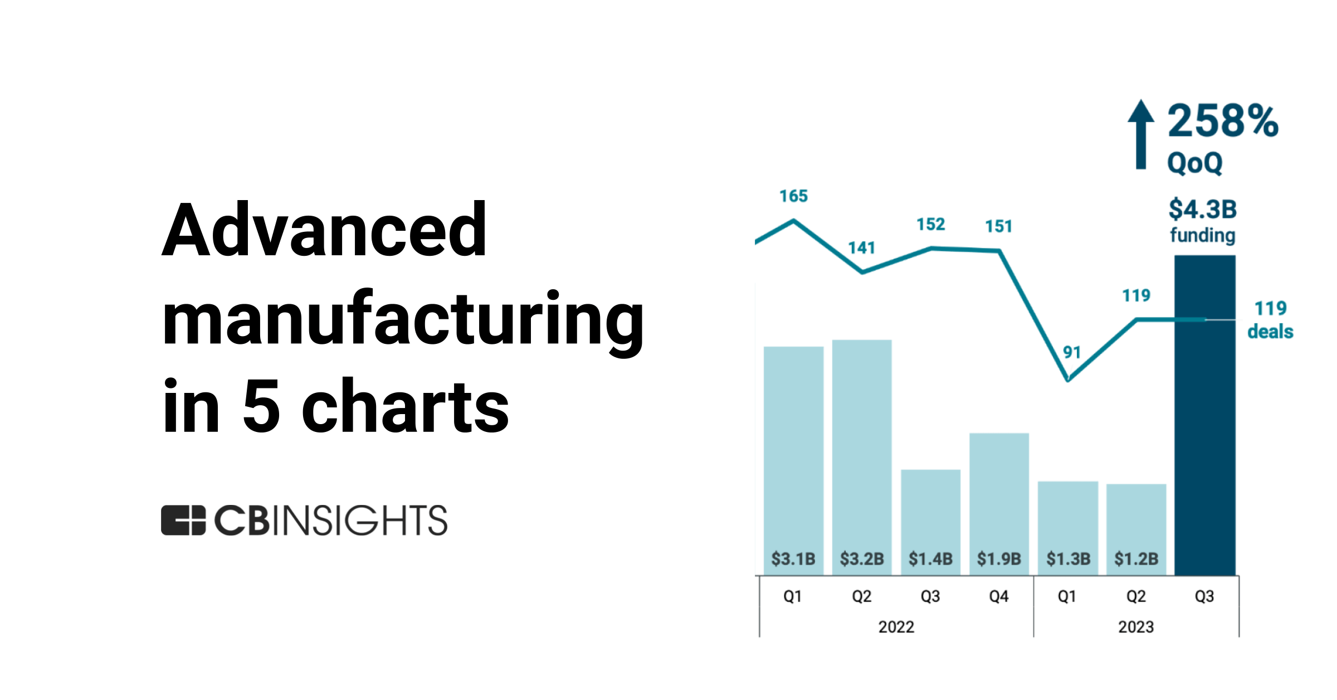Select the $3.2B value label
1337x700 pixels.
click(x=862, y=558)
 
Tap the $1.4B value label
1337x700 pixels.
click(x=930, y=558)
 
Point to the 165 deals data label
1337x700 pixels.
click(x=793, y=196)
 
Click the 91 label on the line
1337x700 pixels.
click(x=1071, y=352)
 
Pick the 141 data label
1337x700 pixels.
click(x=861, y=247)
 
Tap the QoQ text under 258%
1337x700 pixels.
click(x=1194, y=163)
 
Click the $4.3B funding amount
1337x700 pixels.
click(x=1202, y=210)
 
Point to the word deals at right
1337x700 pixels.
click(x=1270, y=332)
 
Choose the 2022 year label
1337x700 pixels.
click(x=896, y=627)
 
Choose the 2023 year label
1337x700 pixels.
click(x=1135, y=627)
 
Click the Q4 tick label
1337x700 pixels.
click(x=998, y=597)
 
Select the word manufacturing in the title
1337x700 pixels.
click(x=402, y=320)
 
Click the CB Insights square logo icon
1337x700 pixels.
click(x=183, y=521)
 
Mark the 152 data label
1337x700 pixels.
click(x=930, y=224)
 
